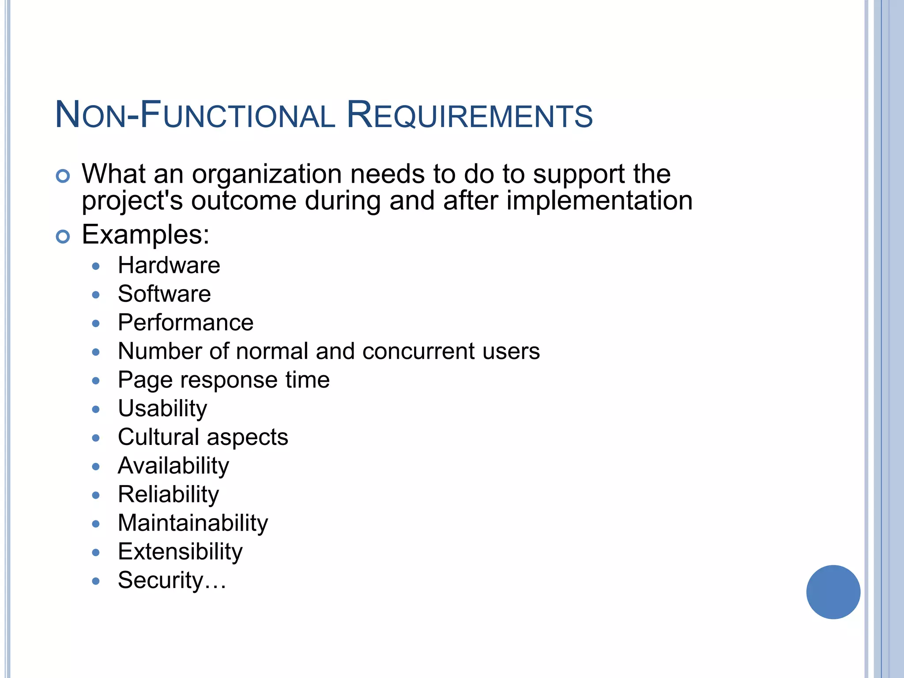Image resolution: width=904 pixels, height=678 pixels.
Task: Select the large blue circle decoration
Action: tap(833, 592)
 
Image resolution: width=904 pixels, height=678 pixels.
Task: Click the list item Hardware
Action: tap(169, 266)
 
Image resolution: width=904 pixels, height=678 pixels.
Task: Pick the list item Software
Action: tap(164, 294)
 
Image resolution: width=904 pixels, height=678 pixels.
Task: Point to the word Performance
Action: tap(185, 323)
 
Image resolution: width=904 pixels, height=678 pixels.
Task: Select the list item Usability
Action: tap(162, 409)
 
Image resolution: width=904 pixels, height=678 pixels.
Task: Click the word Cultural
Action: tap(158, 437)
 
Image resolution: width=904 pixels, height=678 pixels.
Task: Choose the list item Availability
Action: tap(173, 466)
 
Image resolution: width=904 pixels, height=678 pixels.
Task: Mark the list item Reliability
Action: tap(168, 495)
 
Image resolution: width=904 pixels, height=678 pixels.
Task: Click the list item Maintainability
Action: tap(192, 524)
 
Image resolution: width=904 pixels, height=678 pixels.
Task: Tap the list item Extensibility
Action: tap(180, 552)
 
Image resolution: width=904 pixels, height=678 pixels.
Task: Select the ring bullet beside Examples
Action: tap(63, 237)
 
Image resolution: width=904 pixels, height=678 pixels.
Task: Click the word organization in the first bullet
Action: tap(267, 174)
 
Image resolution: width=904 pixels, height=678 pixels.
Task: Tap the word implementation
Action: tap(599, 201)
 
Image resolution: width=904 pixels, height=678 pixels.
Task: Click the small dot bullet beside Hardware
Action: tap(96, 266)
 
